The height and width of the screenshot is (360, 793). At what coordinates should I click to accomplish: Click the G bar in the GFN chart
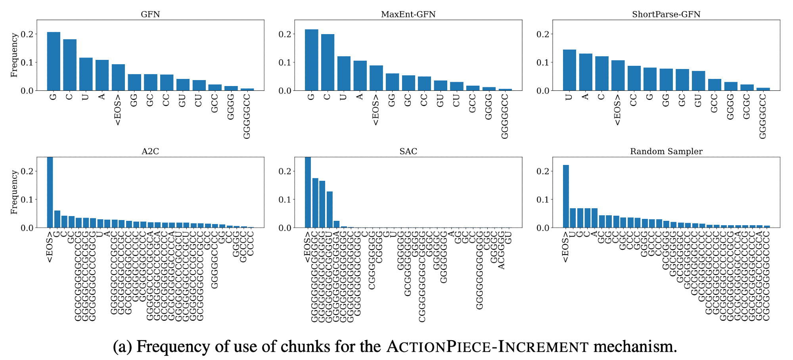click(x=54, y=61)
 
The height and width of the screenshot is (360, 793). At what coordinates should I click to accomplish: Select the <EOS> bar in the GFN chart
click(x=118, y=77)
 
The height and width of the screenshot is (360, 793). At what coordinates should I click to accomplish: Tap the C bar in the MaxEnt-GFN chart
click(x=328, y=62)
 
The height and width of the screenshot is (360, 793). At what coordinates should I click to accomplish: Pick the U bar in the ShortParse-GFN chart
click(x=569, y=70)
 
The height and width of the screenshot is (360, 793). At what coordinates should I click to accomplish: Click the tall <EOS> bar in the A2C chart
click(x=50, y=192)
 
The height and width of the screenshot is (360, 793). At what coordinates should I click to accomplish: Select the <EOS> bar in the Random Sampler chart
click(x=566, y=196)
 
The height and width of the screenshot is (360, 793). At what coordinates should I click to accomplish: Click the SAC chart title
click(x=408, y=151)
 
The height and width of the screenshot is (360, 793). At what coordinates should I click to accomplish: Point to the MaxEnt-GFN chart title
click(x=408, y=14)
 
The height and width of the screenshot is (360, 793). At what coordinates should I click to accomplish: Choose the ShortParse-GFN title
click(x=666, y=14)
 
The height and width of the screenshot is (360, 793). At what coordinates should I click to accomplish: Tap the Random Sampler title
click(x=666, y=151)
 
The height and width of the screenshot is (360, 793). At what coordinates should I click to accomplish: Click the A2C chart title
click(x=150, y=151)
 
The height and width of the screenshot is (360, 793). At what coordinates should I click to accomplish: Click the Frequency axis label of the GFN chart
click(x=14, y=55)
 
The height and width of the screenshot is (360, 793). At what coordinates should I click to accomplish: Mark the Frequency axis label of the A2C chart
click(x=14, y=192)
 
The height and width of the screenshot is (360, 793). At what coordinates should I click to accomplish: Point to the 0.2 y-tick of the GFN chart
click(x=27, y=34)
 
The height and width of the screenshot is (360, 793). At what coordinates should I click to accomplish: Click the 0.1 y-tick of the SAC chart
click(x=285, y=199)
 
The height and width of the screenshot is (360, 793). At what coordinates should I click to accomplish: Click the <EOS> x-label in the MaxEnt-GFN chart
click(x=376, y=110)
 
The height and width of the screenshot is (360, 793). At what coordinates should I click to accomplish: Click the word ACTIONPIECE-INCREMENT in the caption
click(x=488, y=347)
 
